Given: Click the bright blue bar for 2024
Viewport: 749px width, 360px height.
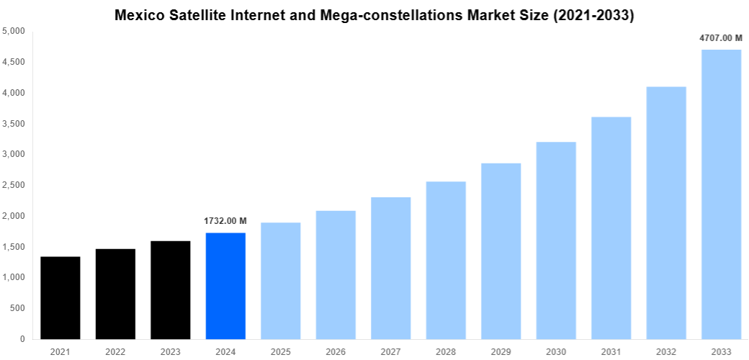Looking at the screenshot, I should pyautogui.click(x=225, y=286).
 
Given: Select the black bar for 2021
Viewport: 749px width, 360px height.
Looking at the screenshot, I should pyautogui.click(x=60, y=297).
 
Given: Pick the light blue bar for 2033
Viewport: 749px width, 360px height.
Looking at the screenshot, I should pyautogui.click(x=721, y=194).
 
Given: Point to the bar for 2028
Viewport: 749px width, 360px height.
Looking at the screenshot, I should pyautogui.click(x=446, y=260).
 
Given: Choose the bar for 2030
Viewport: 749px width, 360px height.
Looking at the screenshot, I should pyautogui.click(x=556, y=240).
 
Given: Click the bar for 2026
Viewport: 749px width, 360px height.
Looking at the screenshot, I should pyautogui.click(x=336, y=274).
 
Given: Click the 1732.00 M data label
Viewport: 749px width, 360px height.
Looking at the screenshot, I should pyautogui.click(x=225, y=221).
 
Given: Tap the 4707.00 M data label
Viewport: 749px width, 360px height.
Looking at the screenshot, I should pyautogui.click(x=720, y=37).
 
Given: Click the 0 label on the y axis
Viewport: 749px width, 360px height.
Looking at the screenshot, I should pyautogui.click(x=22, y=339).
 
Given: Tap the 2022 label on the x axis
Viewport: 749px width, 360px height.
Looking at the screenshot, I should pyautogui.click(x=115, y=351).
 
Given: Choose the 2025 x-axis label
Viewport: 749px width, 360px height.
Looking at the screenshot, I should pyautogui.click(x=280, y=351).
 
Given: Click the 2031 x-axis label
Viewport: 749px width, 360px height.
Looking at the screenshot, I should pyautogui.click(x=611, y=351).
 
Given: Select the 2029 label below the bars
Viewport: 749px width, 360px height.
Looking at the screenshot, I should pyautogui.click(x=501, y=351).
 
